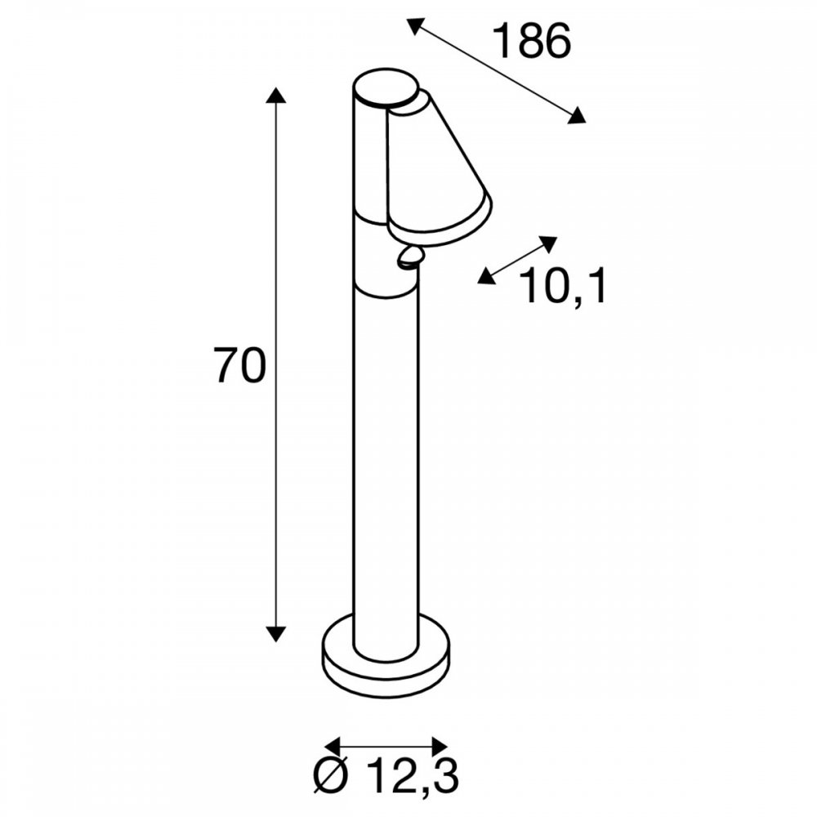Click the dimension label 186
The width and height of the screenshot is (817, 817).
(532, 41)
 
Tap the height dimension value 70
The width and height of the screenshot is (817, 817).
(240, 366)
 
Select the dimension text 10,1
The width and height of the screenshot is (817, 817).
(564, 285)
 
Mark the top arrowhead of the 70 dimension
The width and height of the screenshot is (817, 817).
(275, 96)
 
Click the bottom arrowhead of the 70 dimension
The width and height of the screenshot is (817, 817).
(275, 634)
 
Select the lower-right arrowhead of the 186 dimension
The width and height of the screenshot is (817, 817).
(576, 115)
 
